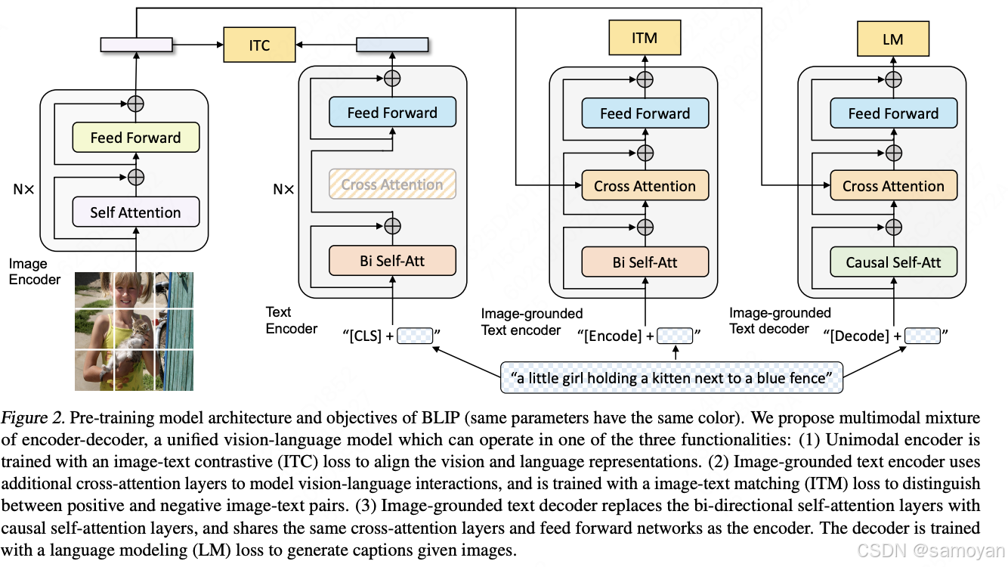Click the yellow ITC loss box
pos(259,45)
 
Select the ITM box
pos(645,38)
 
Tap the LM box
pos(892,39)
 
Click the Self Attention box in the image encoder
pos(136,212)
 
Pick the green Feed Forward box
pos(136,138)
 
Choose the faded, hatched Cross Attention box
pos(392,184)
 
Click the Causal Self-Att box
pos(893,262)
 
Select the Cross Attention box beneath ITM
pos(645,186)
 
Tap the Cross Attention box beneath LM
pos(893,186)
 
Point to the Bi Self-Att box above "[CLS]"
pos(392,261)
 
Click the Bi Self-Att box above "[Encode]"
pos(645,262)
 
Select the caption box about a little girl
pos(671,377)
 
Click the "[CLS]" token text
pos(366,336)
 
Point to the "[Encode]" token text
pos(614,336)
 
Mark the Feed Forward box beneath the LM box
pos(893,113)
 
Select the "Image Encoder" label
pos(34,271)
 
